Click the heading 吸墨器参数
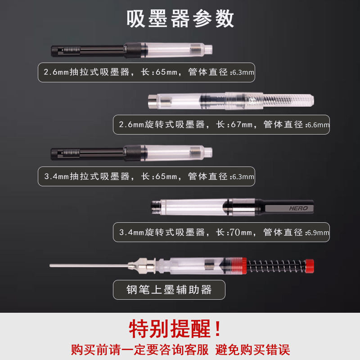180,19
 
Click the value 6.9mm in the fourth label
318,233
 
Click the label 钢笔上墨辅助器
169,290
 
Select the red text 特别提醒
170,329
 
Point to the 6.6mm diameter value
318,125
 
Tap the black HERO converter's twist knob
288,207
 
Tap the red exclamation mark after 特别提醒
218,329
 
